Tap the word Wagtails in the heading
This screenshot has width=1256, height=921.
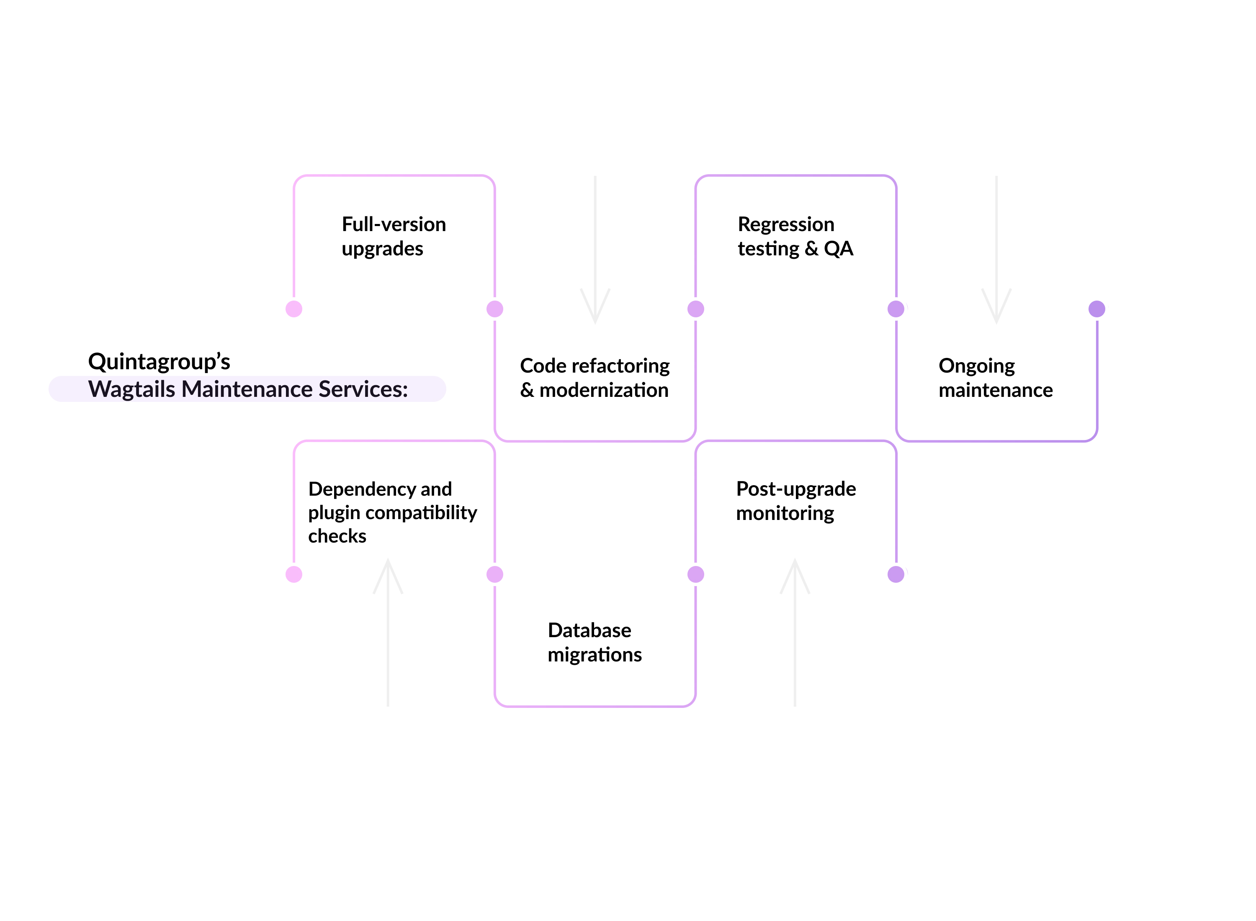point(131,389)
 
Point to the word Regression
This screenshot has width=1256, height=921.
point(785,224)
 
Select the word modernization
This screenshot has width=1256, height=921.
point(604,390)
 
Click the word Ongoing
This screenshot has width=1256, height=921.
point(976,366)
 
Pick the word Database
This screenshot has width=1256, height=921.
point(589,630)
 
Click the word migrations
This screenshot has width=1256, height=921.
point(594,654)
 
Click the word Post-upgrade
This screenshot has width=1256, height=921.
point(795,489)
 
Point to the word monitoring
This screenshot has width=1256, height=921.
point(785,513)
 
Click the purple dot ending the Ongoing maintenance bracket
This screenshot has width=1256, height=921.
point(1096,309)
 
